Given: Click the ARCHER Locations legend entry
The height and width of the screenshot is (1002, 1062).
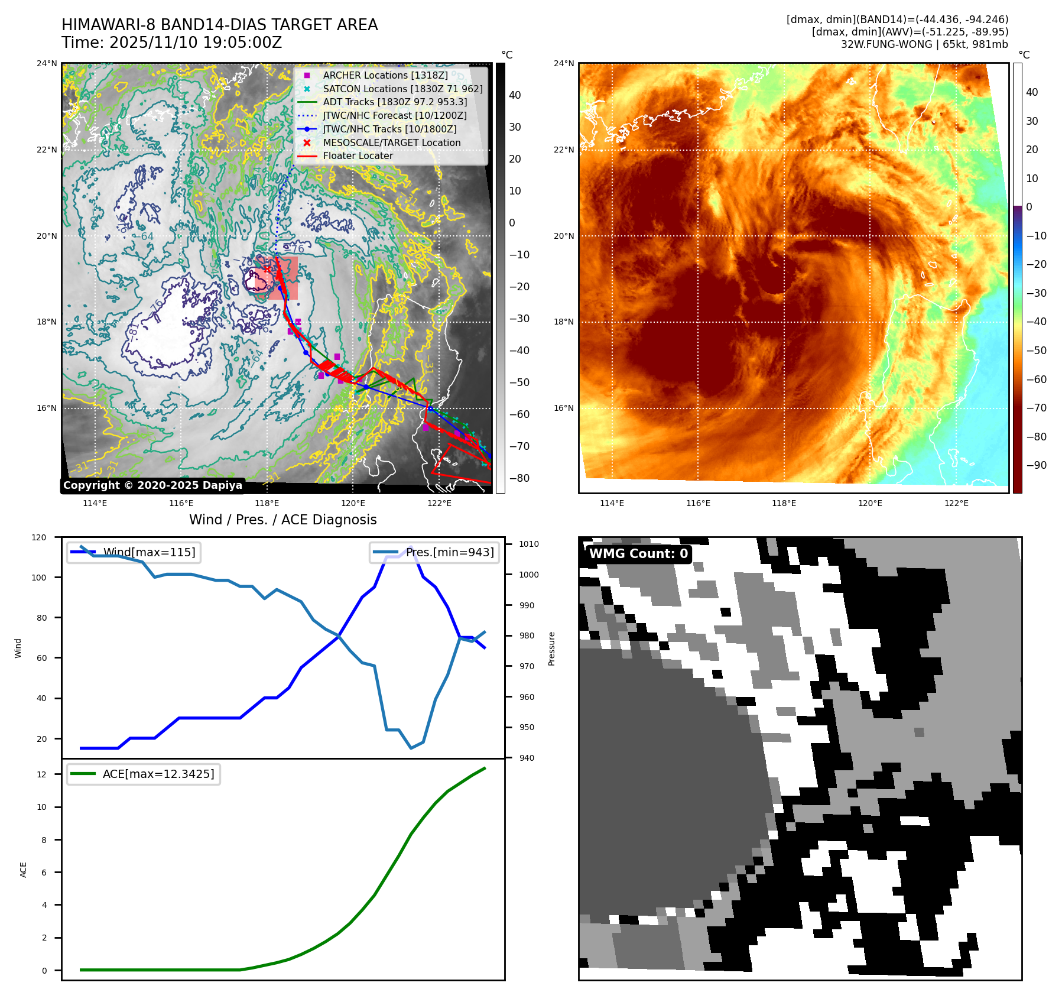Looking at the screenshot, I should coord(385,75).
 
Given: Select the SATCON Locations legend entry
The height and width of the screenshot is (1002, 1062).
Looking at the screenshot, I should coord(402,89).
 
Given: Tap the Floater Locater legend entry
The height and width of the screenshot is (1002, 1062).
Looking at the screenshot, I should coord(358,155).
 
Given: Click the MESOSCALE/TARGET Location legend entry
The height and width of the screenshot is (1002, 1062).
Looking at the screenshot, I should coord(391,142).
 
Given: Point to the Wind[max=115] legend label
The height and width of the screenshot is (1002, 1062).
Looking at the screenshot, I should coord(149,552).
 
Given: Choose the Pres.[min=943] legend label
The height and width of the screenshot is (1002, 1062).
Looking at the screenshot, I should coord(450,552).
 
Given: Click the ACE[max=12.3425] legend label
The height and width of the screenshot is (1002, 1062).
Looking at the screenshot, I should coord(158,774).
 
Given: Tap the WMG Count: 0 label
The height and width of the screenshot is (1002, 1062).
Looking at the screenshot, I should coord(638,554).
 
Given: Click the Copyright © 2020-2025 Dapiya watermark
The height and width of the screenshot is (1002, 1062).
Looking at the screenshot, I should coord(152,485).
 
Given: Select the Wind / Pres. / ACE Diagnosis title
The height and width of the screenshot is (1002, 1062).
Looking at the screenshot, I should coord(282,520).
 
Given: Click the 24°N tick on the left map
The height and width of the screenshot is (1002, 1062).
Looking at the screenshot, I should coord(47,63).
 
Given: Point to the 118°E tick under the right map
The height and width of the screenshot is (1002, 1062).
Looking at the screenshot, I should coord(784,503).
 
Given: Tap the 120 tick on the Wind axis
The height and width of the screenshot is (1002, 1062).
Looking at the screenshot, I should coord(39,537).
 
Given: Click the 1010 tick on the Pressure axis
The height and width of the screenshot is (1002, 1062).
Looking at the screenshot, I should coord(529,544).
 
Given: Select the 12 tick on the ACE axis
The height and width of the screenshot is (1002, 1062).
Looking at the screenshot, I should coord(41,774).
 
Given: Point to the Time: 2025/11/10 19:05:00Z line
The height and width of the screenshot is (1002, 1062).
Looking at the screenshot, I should coord(171,43).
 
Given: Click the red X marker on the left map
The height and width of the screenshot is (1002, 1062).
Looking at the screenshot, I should coord(267,269).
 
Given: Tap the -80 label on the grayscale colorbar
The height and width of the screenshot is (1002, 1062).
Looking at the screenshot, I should coord(519,478).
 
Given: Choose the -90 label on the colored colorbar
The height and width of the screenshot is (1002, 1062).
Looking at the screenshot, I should coord(1036,465).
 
